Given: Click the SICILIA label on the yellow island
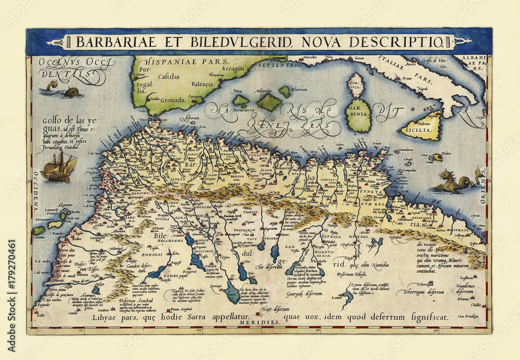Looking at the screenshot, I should [x=421, y=130].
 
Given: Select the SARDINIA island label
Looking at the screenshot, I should [x=358, y=117].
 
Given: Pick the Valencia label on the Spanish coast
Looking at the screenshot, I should [x=202, y=83].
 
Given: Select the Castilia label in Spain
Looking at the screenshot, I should [x=169, y=76].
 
